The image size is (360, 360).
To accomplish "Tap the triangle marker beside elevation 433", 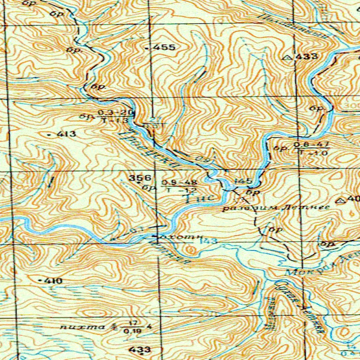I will [288, 57].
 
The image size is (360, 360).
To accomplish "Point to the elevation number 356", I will [140, 178].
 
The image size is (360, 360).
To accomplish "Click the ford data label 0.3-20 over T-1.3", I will [116, 116].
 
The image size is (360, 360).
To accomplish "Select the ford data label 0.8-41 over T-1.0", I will [311, 148].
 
